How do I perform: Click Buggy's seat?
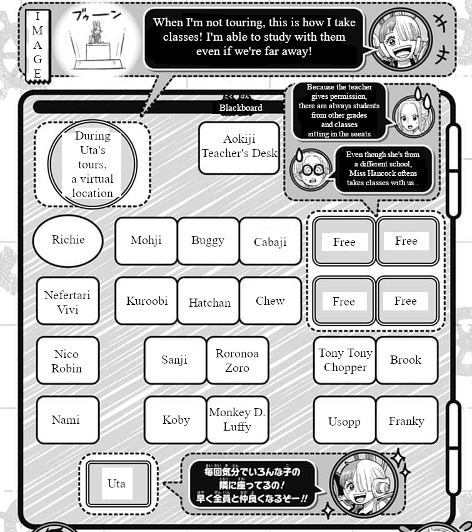[208, 241]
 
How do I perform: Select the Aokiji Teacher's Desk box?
[239, 148]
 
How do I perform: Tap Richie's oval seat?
[68, 240]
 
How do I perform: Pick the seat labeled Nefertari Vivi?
[68, 301]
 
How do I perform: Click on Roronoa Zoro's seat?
[237, 361]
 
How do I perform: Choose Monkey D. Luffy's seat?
[237, 420]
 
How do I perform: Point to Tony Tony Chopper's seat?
[344, 361]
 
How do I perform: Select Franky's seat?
[406, 421]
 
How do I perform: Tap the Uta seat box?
[117, 483]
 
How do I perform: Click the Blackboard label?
[241, 108]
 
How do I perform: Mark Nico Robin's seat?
[67, 361]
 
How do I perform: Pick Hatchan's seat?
[209, 302]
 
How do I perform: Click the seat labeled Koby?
[176, 420]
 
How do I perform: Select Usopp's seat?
[344, 421]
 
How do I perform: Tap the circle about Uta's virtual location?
[93, 164]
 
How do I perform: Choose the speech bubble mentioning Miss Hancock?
[382, 170]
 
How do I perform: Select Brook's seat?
[406, 361]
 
